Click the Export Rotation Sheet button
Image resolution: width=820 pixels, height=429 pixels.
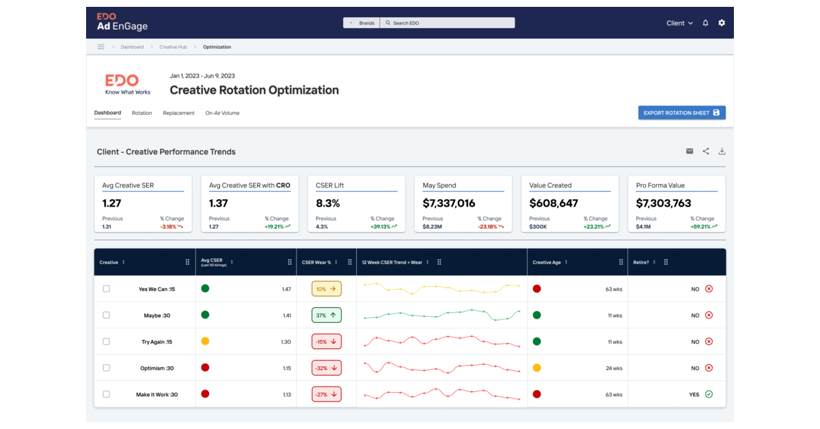(x=681, y=113)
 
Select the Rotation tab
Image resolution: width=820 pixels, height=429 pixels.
(x=142, y=113)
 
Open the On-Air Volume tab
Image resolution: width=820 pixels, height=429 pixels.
(x=222, y=113)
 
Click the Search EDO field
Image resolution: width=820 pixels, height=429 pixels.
(x=447, y=23)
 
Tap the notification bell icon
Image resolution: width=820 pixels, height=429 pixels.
(x=706, y=23)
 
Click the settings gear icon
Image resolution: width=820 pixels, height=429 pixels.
(x=722, y=23)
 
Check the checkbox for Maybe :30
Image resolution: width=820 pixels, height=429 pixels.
(x=106, y=315)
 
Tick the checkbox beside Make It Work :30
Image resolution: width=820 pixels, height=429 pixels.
(x=106, y=394)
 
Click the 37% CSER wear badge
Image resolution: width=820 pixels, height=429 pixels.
(x=327, y=315)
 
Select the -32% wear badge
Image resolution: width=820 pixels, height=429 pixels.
(x=327, y=368)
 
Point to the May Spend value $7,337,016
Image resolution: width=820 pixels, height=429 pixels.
(x=449, y=203)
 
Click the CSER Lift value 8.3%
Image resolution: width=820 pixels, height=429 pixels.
(x=328, y=203)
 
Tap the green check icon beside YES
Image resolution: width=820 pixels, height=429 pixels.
(x=709, y=394)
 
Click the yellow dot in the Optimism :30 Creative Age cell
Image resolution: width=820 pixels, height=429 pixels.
(x=536, y=368)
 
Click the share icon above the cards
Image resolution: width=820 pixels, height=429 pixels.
(x=706, y=151)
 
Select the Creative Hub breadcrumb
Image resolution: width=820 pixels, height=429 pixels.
(x=173, y=47)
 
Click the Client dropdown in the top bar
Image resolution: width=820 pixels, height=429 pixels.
(x=679, y=23)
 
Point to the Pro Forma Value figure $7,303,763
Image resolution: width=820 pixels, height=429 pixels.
(x=664, y=203)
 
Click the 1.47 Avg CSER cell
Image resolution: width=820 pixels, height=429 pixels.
(x=286, y=289)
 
